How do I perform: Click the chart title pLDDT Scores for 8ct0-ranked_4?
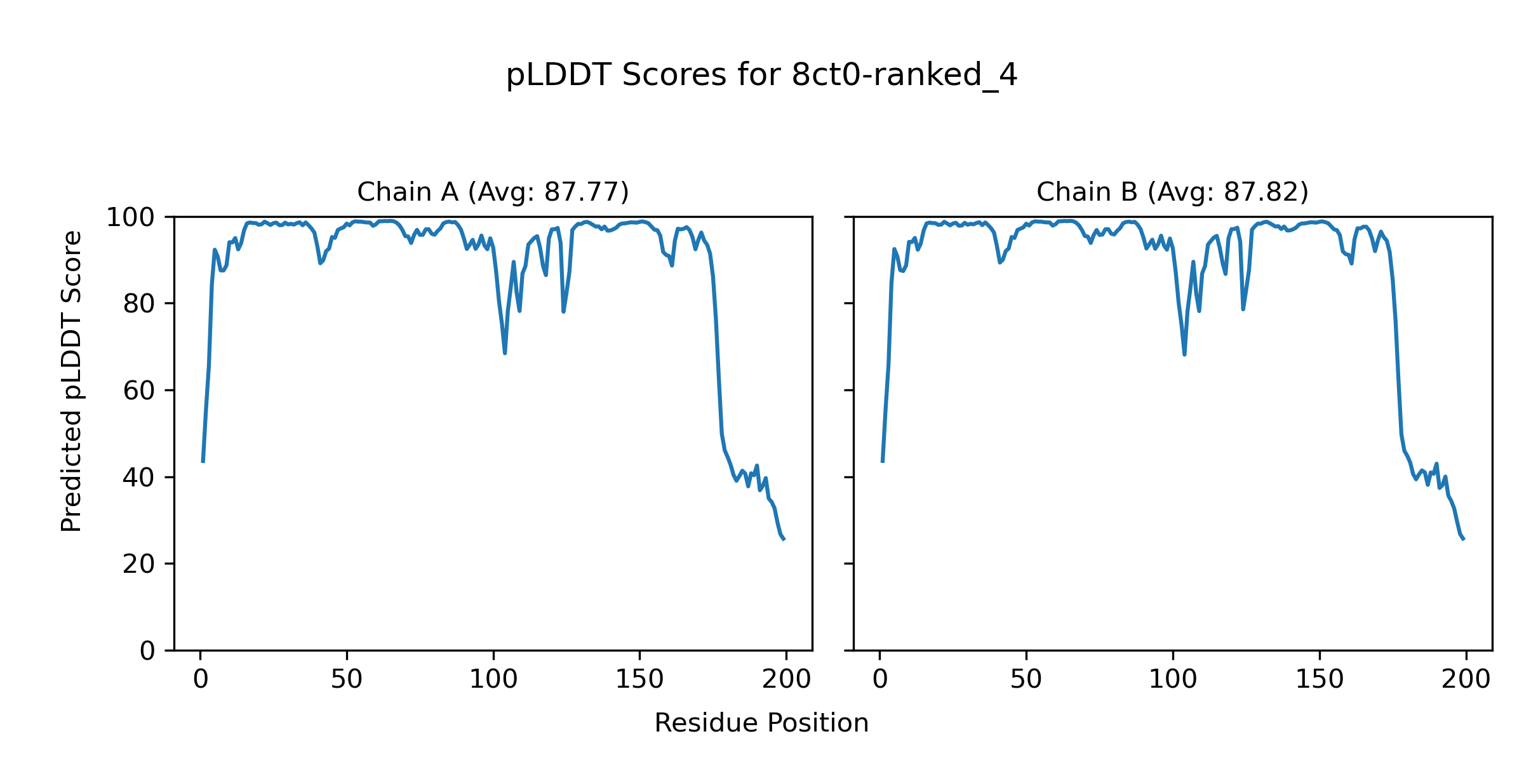coord(761,76)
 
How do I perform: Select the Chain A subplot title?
coord(493,192)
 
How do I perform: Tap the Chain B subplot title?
coord(1172,192)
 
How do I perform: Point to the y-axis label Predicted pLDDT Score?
coord(71,381)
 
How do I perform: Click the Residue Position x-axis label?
coord(761,723)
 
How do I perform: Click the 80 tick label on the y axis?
coord(139,304)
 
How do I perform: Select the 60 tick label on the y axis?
coord(139,391)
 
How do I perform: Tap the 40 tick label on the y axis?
coord(139,478)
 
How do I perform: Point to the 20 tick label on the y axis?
coord(139,564)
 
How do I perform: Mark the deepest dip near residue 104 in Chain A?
coord(505,352)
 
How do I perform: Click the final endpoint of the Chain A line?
coord(784,540)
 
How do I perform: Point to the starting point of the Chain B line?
coord(883,462)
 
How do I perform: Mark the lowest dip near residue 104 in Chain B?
coord(1184,354)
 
